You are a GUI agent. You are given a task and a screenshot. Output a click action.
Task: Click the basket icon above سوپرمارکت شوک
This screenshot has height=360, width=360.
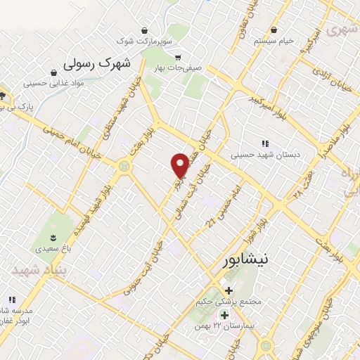pyautogui.click(x=144, y=30)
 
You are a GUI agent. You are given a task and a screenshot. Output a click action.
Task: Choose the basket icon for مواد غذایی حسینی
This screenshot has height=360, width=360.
pyautogui.click(x=53, y=71)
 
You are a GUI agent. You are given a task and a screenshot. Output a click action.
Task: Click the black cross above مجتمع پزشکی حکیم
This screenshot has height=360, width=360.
pyautogui.click(x=229, y=290)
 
